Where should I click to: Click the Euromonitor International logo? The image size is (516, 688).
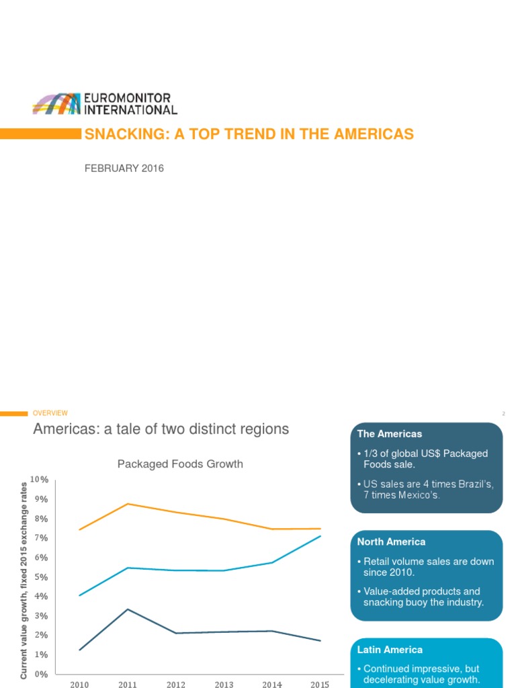coord(105,104)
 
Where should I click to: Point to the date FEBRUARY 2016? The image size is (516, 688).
coord(124,169)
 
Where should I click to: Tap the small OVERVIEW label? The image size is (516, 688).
coord(50,413)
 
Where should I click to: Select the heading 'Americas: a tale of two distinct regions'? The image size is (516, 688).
coord(161,429)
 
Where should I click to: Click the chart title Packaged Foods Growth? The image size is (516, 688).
coord(180,464)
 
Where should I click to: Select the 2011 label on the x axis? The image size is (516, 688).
coord(128,684)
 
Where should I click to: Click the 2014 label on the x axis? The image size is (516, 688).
coord(272,684)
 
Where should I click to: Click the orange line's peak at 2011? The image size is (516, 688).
coord(128,504)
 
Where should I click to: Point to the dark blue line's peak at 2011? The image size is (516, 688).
coord(128,609)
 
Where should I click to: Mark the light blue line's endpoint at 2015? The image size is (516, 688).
coord(320,536)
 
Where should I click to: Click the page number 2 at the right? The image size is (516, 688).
coord(502,414)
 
